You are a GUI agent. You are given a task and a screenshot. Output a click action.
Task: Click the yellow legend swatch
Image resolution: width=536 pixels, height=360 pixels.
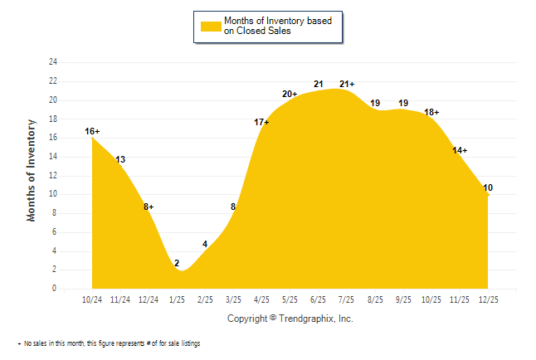(210, 26)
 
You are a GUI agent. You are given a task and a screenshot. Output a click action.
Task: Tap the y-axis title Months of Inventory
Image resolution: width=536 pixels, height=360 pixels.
(32, 170)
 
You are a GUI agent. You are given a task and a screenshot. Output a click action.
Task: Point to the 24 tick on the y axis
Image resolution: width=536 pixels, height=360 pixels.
(53, 62)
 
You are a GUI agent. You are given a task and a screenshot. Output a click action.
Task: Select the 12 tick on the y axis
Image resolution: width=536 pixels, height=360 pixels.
(53, 176)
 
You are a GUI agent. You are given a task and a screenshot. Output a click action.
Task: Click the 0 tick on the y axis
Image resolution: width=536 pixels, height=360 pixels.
(55, 289)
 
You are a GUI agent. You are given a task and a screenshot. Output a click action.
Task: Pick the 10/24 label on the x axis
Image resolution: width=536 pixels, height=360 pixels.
(92, 299)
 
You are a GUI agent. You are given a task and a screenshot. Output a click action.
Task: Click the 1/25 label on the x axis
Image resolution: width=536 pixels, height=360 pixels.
(177, 299)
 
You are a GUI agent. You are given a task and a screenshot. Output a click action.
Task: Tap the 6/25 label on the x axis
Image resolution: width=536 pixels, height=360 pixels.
(319, 299)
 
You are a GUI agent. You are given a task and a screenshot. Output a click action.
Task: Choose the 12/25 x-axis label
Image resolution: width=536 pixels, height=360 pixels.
(488, 299)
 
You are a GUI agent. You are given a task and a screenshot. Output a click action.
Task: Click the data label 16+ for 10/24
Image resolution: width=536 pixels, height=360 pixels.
(92, 131)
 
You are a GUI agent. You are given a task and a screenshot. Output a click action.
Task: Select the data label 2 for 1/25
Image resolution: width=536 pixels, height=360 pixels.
(177, 263)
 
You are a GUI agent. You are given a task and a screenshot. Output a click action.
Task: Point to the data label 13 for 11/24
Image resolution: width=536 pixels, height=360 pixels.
(120, 159)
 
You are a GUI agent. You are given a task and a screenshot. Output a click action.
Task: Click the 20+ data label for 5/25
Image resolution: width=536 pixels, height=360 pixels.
(290, 94)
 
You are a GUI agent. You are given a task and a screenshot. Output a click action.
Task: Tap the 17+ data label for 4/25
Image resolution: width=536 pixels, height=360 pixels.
(261, 122)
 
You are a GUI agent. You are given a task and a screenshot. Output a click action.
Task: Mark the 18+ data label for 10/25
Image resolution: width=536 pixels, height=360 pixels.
(431, 112)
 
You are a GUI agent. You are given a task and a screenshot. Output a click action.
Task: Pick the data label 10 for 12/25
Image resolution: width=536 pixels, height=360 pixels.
(488, 187)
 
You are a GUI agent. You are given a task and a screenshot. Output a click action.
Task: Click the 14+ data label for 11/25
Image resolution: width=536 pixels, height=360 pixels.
(460, 150)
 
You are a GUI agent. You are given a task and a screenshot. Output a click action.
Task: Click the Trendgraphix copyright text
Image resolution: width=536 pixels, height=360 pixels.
(290, 319)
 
